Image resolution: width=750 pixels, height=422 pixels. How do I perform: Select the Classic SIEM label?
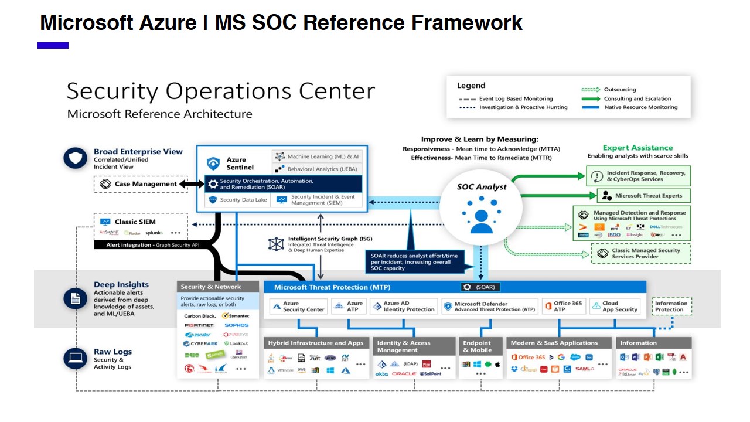(135, 222)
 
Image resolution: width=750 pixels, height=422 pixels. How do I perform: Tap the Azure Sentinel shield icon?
(213, 163)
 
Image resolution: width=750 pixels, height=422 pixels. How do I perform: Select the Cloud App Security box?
(613, 307)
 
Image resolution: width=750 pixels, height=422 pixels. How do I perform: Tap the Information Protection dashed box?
(671, 307)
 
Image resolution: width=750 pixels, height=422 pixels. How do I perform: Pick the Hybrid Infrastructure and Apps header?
(315, 343)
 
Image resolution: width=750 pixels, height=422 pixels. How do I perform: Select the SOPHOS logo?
(236, 325)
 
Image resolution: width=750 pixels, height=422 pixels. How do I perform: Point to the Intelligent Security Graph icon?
(276, 244)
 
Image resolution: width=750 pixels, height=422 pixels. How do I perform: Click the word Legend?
(471, 86)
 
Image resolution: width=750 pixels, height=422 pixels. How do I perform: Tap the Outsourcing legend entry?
(620, 90)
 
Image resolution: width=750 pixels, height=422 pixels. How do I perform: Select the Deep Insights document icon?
(75, 299)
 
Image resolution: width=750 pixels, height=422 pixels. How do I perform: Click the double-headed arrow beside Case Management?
(192, 184)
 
